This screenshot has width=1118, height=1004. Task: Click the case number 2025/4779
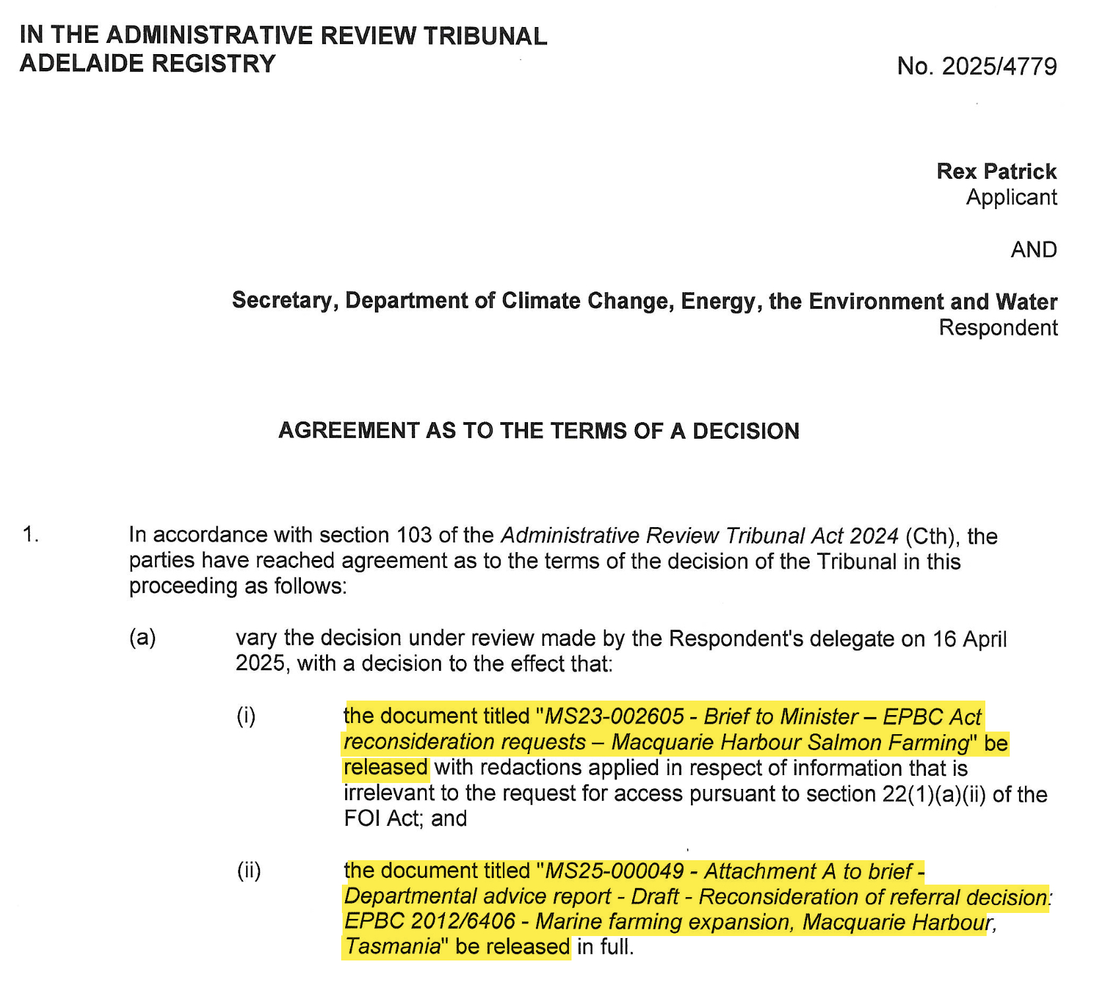point(999,67)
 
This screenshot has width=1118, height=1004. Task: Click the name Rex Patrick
point(996,172)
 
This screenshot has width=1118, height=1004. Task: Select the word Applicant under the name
point(1011,197)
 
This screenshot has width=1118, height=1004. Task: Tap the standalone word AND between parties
point(1034,250)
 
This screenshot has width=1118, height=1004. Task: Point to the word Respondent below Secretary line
point(998,328)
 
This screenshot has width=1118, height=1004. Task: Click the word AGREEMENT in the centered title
point(348,431)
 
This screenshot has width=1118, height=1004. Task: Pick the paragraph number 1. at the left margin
point(30,534)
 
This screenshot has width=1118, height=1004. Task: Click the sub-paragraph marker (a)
point(143,638)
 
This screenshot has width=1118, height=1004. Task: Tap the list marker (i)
point(246,716)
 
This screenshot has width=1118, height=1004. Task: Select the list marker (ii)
point(249,871)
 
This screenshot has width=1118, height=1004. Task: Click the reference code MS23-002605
point(614,716)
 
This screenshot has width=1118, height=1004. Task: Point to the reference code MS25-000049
point(614,871)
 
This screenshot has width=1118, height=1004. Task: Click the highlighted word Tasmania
point(393,947)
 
